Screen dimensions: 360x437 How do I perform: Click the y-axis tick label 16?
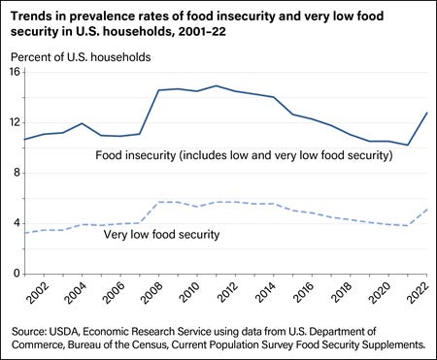tap(13, 74)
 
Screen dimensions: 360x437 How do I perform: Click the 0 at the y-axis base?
tap(16, 275)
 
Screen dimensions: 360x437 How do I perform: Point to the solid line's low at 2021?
tap(409, 146)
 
